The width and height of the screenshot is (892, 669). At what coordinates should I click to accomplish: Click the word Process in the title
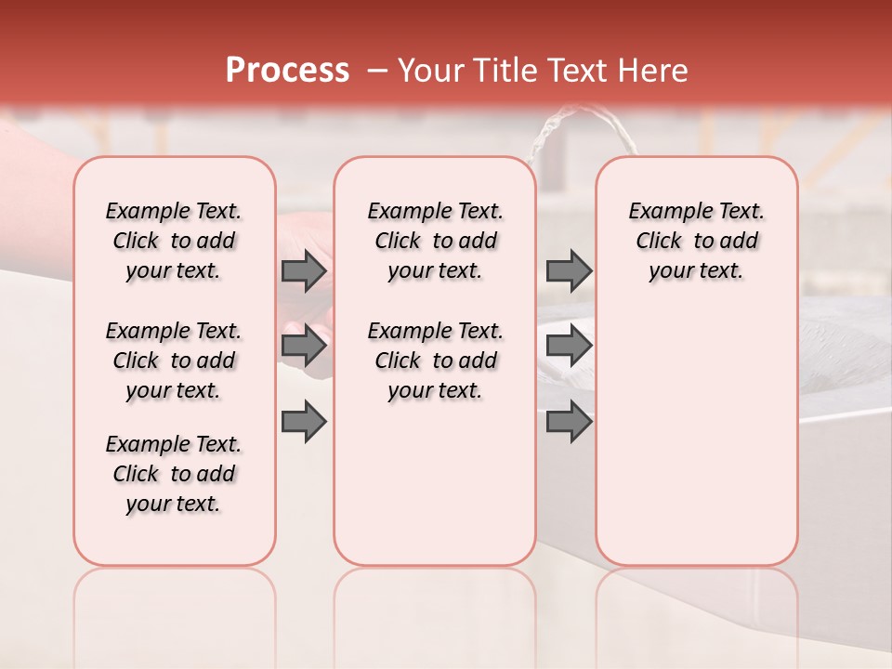287,71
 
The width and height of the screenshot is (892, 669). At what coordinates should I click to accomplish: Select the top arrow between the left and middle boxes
304,271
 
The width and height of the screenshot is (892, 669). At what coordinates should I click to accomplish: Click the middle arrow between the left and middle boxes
304,346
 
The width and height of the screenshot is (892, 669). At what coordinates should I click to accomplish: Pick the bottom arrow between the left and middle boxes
304,422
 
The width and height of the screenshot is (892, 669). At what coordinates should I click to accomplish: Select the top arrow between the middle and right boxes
569,271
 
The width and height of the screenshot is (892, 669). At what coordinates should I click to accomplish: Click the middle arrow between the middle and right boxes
569,346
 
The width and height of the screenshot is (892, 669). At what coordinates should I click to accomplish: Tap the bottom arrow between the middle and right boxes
569,422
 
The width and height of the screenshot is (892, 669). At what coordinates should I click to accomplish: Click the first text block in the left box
174,241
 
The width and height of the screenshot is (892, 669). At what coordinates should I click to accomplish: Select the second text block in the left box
174,361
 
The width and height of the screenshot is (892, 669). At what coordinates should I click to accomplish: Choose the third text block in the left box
174,474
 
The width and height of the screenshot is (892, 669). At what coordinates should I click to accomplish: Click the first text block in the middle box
435,241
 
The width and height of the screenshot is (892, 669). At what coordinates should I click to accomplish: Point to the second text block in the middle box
435,361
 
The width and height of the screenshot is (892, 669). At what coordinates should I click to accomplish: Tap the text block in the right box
696,241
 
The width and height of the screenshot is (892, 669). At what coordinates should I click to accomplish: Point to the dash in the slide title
377,71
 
